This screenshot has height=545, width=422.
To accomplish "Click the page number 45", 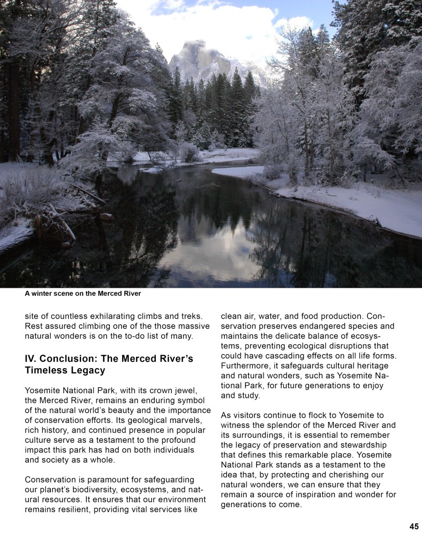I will click(414, 526).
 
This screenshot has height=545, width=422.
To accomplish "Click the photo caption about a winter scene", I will click(83, 294).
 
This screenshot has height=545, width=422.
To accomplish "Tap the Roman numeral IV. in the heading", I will click(31, 358).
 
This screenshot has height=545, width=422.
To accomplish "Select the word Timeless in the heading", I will click(47, 370).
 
